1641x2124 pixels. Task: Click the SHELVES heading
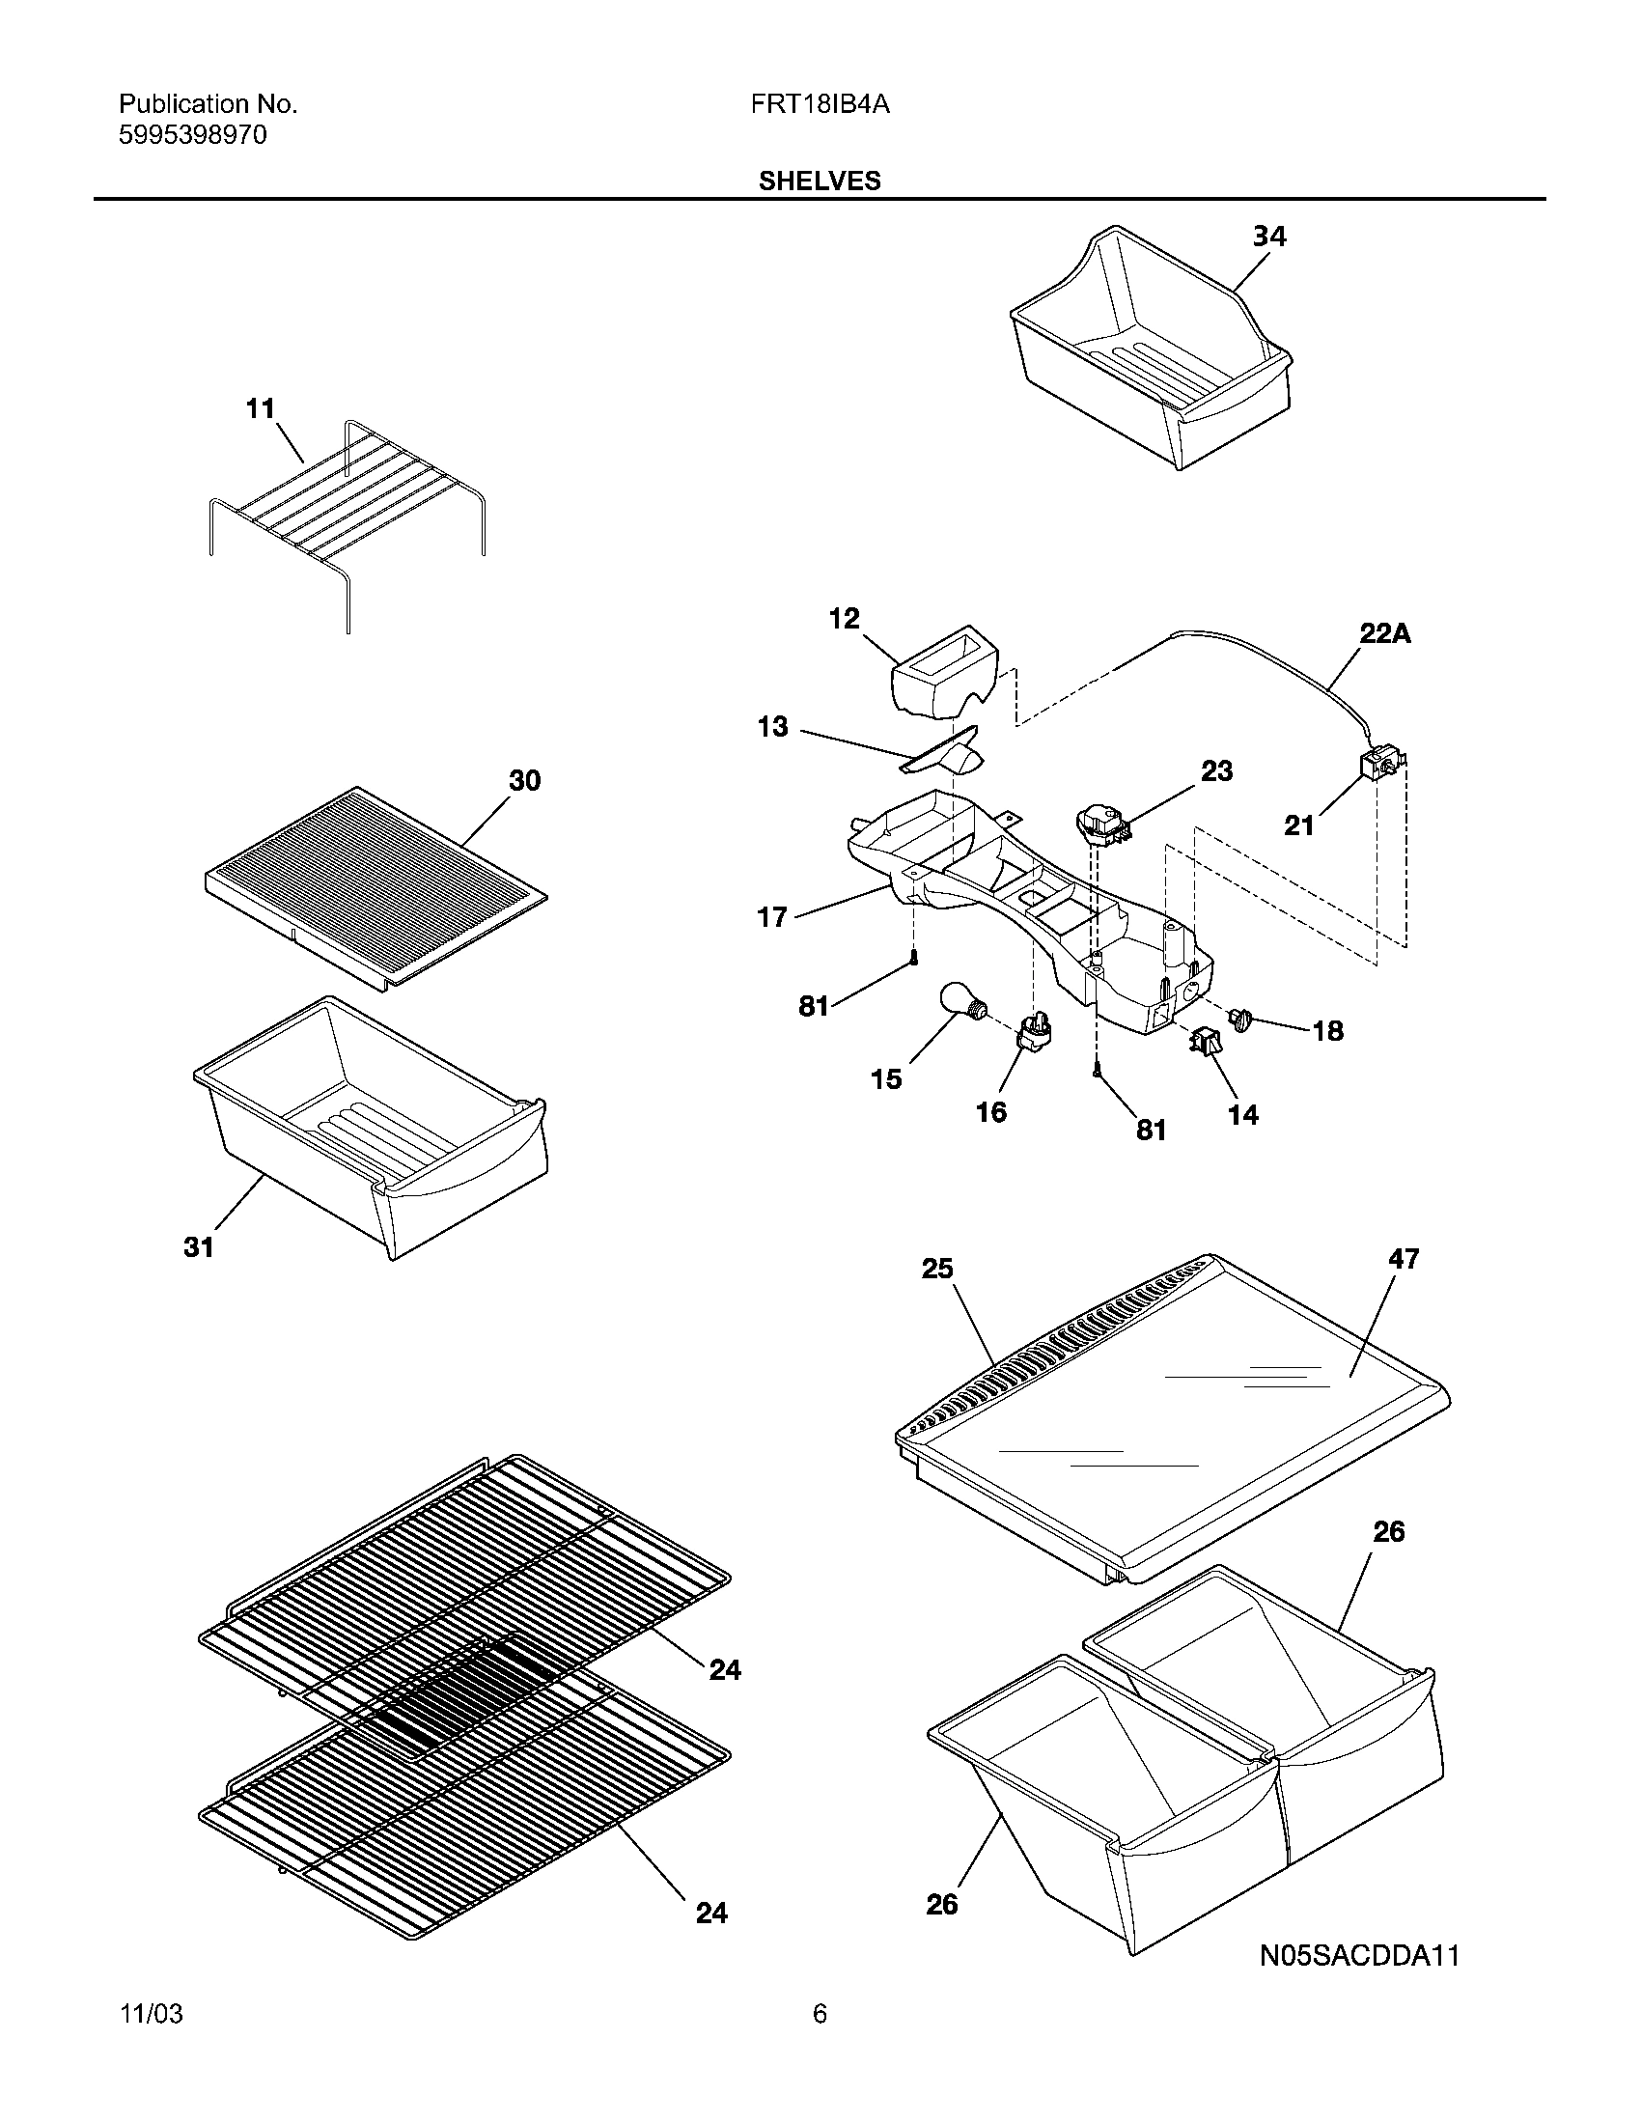819,181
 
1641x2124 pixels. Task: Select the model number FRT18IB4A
819,104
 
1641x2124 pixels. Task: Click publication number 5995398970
192,135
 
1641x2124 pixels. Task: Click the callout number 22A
1384,634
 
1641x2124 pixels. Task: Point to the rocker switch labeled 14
1199,1044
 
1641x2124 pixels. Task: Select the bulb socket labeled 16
1035,1031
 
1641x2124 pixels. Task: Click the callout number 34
1268,237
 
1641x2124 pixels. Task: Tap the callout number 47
1404,1258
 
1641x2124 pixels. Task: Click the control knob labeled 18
1239,1020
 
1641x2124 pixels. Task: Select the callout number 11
260,408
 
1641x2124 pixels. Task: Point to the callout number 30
524,781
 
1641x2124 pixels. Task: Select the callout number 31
198,1246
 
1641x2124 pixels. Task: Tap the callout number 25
937,1269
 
